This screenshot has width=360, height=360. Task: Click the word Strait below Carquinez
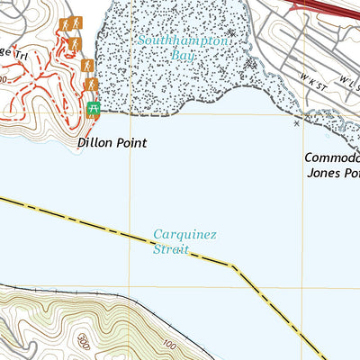point(171,249)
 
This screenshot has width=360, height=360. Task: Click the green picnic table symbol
point(94,109)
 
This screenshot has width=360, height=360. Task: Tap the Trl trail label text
point(18,53)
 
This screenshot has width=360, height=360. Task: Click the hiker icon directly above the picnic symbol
point(91,85)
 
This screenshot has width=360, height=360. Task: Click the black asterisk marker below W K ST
point(297,123)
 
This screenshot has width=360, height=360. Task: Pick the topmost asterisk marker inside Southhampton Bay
point(231,32)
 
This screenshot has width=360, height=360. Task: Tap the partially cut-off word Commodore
point(330,157)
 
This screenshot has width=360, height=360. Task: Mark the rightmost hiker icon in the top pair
point(77,23)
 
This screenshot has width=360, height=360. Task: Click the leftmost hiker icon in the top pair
point(65,24)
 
